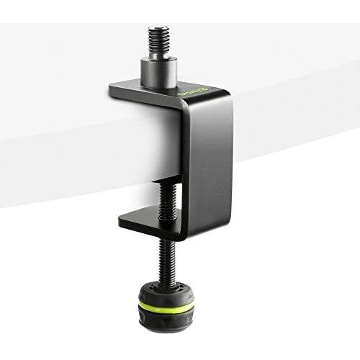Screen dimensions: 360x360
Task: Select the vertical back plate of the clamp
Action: [x=202, y=166]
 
